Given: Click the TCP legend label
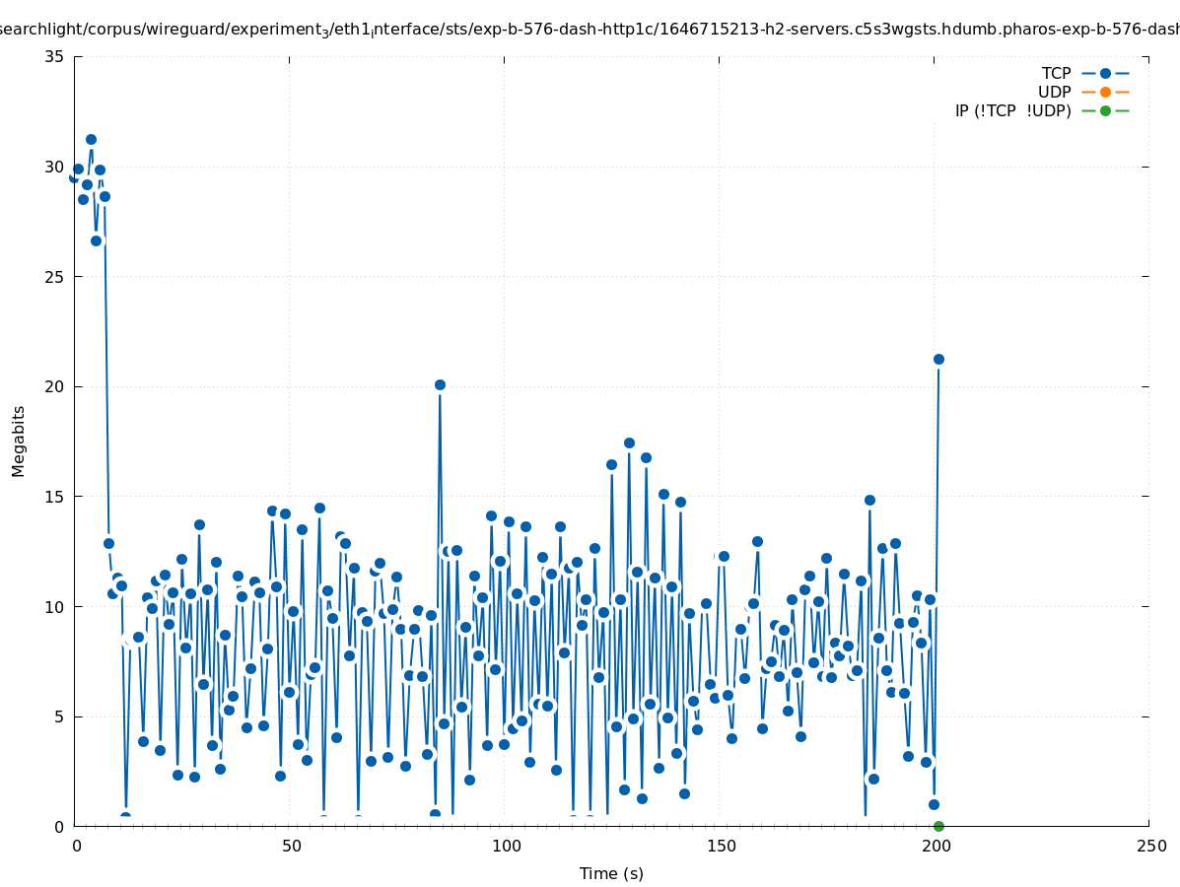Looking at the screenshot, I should (1056, 73).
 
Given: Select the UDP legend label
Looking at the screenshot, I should (1054, 92).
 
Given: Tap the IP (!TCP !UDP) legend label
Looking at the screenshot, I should (1012, 110).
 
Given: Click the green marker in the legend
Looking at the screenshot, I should (1105, 110).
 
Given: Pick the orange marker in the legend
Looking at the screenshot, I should (1105, 92).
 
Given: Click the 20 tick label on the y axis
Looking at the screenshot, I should (55, 386).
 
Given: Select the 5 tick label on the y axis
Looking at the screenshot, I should (59, 716).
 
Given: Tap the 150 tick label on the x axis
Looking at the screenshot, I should (722, 846).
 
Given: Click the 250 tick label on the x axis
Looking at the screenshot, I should (1150, 846).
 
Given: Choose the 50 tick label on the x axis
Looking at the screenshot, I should (291, 846).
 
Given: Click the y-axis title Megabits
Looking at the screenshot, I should (19, 441).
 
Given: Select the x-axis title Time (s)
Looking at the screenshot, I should (611, 873).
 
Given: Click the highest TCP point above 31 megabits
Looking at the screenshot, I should (91, 139).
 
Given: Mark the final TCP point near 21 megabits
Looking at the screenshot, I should (938, 359).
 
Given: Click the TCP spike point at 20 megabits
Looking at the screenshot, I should (440, 384).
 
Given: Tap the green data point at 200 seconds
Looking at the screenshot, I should (938, 826).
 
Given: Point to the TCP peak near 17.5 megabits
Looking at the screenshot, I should (629, 443).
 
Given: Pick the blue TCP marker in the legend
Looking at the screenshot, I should (1105, 73).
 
